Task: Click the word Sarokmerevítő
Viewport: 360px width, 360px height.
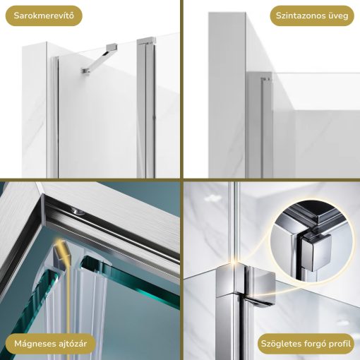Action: pyautogui.click(x=44, y=16)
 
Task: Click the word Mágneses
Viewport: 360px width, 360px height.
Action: pyautogui.click(x=34, y=344)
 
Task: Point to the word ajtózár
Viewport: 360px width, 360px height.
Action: pyautogui.click(x=72, y=344)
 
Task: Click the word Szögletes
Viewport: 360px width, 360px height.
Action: pyautogui.click(x=281, y=344)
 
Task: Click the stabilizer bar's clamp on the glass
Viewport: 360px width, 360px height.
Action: pyautogui.click(x=85, y=71)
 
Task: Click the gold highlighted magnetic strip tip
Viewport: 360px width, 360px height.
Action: pyautogui.click(x=60, y=249)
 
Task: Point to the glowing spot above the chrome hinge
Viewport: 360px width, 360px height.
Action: pyautogui.click(x=235, y=261)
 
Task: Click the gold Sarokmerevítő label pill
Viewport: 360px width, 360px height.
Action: pyautogui.click(x=44, y=16)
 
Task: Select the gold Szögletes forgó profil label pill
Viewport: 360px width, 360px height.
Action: pyautogui.click(x=306, y=344)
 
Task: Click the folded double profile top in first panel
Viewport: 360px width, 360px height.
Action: pyautogui.click(x=146, y=42)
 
